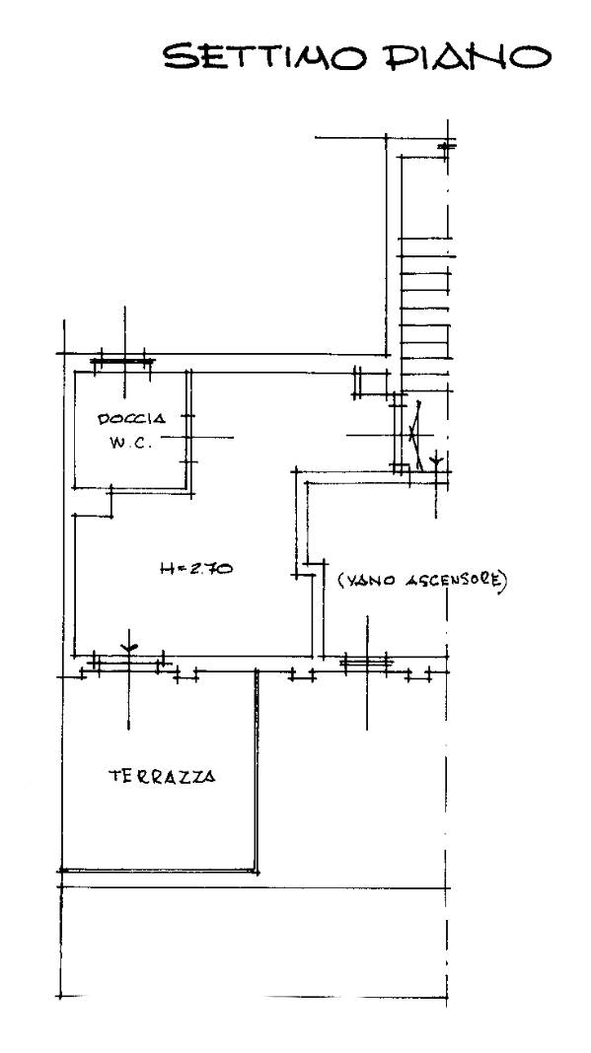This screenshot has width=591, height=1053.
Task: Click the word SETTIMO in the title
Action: [264, 56]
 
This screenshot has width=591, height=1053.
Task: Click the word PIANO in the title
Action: [468, 56]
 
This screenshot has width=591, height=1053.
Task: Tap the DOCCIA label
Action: [132, 419]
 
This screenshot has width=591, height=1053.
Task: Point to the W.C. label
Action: [132, 444]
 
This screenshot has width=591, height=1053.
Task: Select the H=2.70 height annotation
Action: [196, 568]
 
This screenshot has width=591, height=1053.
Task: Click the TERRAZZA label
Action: [162, 776]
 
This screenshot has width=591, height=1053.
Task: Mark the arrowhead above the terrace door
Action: [129, 648]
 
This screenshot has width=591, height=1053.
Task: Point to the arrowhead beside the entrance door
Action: [436, 459]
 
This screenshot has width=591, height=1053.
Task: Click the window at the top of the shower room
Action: [122, 361]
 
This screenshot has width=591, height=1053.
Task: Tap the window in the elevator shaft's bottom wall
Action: [366, 663]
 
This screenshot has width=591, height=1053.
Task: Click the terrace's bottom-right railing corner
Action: [257, 871]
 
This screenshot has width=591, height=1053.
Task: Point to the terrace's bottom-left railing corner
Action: [62, 871]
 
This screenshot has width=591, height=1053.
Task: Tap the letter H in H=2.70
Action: [167, 569]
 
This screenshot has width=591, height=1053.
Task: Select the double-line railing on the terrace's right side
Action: [257, 770]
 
